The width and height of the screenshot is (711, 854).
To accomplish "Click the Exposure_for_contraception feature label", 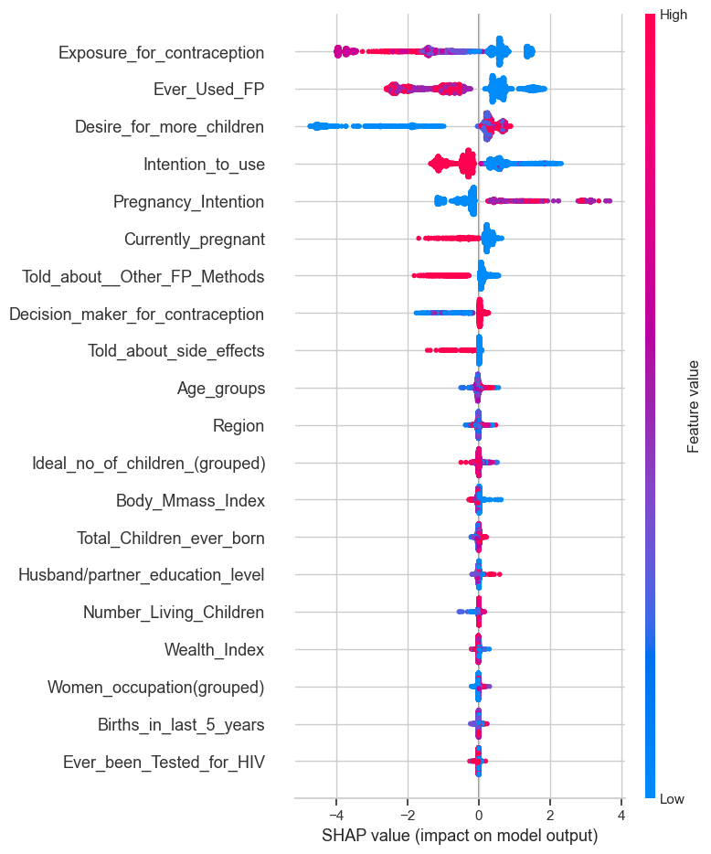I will coord(162,52).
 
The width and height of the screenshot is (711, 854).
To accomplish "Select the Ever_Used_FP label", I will coord(209,90).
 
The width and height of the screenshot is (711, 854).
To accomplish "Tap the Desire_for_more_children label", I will coord(170,127).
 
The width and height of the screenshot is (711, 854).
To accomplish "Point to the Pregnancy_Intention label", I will coord(189,201).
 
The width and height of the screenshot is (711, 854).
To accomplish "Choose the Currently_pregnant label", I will coord(195,240).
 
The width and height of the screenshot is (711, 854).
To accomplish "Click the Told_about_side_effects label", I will coord(176,350).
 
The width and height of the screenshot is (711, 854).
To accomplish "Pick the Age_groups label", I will coord(221,388).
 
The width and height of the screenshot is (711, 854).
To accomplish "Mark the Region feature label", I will coord(239,425).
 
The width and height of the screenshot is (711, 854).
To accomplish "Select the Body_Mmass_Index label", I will coord(191,500).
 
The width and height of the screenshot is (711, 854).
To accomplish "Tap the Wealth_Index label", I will coord(215,649).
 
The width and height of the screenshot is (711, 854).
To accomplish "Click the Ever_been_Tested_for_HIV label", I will coord(164,762).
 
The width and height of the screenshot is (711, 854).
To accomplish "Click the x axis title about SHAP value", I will coord(460,836).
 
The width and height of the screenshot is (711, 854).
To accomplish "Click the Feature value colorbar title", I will coord(694,407).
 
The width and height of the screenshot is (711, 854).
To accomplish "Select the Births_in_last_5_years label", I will coord(181,724).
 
